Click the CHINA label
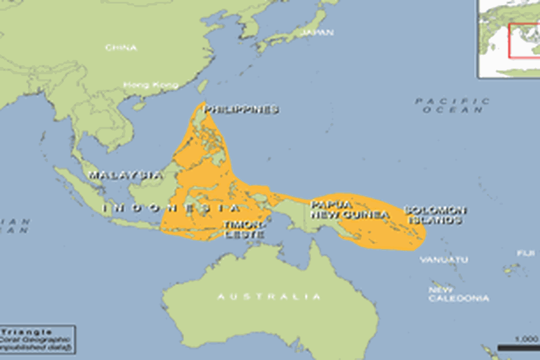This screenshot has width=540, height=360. click(121, 47)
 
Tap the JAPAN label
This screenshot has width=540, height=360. click(317, 32)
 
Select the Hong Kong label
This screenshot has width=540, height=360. click(151, 85)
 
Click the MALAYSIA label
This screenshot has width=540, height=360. click(124, 175)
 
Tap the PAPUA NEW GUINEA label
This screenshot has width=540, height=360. click(349, 210)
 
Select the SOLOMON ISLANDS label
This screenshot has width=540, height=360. click(434, 215)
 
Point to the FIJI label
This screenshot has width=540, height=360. click(526, 253)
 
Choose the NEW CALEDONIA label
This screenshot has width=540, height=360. click(458, 294)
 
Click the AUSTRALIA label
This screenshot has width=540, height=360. click(269, 297)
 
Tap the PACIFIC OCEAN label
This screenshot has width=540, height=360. click(452, 105)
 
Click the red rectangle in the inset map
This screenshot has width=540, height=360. click(524, 40)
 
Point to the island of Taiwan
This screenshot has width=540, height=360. click(203, 85)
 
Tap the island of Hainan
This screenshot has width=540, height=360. click(139, 106)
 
